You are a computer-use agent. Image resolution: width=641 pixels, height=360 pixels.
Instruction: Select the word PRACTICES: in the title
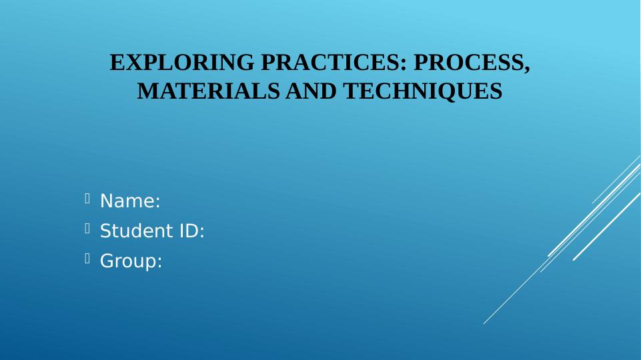point(334,63)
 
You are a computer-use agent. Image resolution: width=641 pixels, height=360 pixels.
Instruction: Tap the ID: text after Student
point(190,231)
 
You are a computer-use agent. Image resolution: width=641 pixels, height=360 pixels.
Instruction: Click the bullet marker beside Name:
point(87,199)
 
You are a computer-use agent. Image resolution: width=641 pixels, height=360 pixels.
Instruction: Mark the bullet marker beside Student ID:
point(87,229)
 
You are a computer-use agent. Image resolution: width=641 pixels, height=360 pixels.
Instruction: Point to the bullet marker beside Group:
point(87,260)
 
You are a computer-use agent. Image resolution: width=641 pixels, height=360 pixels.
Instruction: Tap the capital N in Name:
point(106,201)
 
